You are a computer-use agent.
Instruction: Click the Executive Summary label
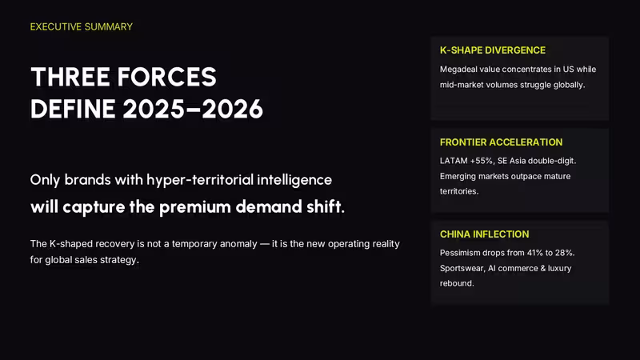(x=82, y=27)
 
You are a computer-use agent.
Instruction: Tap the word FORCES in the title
(x=167, y=77)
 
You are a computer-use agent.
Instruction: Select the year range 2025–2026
(x=193, y=109)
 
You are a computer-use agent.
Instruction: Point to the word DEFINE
(x=73, y=109)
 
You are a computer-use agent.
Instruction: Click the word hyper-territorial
(x=199, y=180)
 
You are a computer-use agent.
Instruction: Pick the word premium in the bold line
(x=195, y=207)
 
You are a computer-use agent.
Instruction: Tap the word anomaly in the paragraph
(x=238, y=244)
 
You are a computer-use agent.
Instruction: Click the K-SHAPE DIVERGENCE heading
(x=493, y=50)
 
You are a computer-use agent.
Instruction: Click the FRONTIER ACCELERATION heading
(x=502, y=142)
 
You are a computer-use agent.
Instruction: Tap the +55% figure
(x=482, y=161)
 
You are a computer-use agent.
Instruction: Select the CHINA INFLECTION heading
(x=485, y=234)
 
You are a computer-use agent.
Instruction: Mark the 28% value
(x=564, y=253)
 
